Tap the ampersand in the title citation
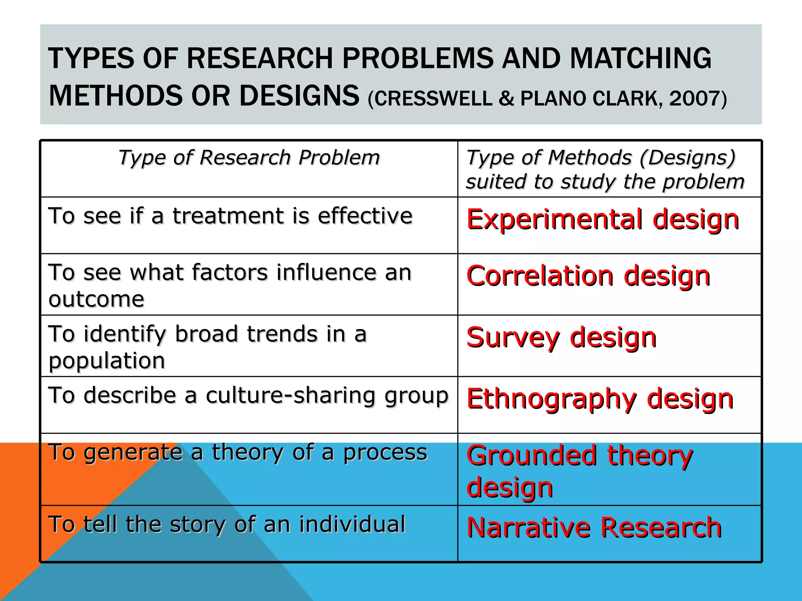[506, 98]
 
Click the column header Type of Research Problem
[249, 158]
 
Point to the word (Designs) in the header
[688, 158]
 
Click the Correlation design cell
[588, 276]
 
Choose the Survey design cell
[562, 337]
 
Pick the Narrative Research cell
[594, 527]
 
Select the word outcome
[96, 300]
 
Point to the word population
[107, 361]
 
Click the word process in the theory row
[385, 453]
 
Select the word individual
[352, 524]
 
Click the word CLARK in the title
[628, 98]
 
